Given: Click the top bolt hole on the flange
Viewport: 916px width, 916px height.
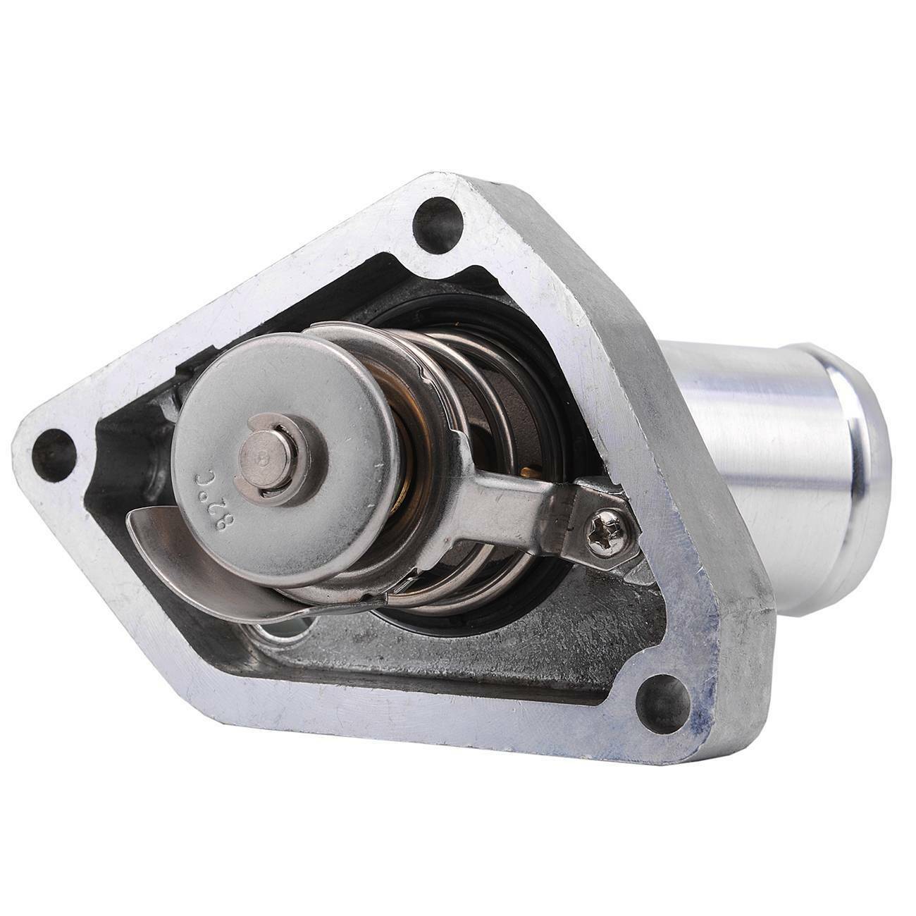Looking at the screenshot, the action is pos(438,225).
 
